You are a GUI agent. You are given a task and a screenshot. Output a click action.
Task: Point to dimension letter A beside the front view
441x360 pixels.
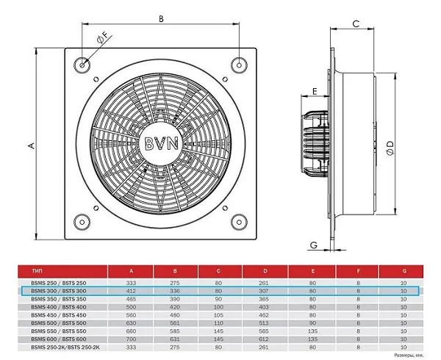(x=31, y=146)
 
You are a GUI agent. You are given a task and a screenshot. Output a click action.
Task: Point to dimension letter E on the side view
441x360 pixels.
(x=315, y=91)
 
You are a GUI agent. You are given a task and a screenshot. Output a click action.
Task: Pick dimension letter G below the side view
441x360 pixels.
(x=314, y=245)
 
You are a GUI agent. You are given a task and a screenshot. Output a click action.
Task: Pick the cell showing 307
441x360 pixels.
(x=265, y=291)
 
